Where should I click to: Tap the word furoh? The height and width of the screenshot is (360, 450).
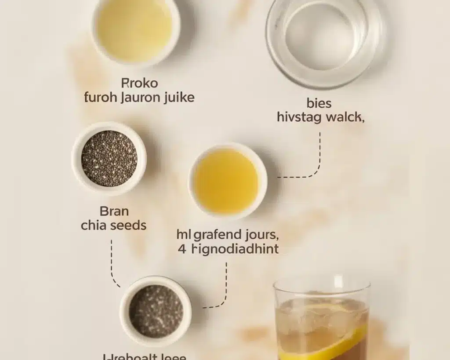tap(101, 97)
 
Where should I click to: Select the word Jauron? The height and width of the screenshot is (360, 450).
tap(142, 97)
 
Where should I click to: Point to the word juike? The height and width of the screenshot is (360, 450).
tap(179, 97)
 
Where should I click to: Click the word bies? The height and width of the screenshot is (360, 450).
tap(319, 104)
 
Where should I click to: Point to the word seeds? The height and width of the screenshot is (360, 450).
tap(128, 225)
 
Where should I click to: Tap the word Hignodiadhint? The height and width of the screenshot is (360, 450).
tap(236, 249)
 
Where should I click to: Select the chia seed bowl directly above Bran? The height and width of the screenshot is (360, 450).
tap(109, 158)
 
